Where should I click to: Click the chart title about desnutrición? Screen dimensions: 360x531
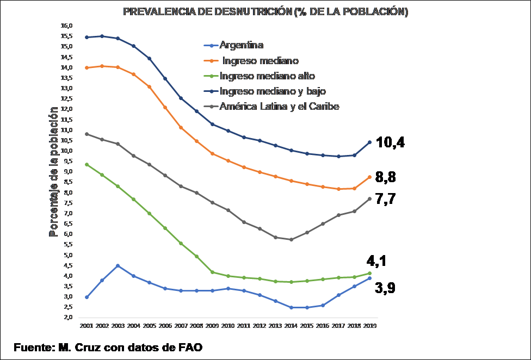pyautogui.click(x=265, y=12)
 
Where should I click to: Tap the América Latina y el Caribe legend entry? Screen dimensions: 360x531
pyautogui.click(x=279, y=107)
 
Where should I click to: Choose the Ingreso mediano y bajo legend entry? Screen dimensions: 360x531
pyautogui.click(x=273, y=91)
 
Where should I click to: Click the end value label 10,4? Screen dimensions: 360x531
pyautogui.click(x=391, y=143)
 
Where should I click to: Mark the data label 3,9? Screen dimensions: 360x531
pyautogui.click(x=385, y=288)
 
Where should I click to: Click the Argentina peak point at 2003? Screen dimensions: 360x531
pyautogui.click(x=118, y=266)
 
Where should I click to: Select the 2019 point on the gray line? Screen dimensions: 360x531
pyautogui.click(x=369, y=198)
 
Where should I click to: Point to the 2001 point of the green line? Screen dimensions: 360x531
pyautogui.click(x=87, y=164)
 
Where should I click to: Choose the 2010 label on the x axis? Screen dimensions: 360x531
pyautogui.click(x=228, y=326)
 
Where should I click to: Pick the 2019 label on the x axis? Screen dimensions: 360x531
pyautogui.click(x=369, y=326)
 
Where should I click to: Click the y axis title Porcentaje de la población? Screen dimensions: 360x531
pyautogui.click(x=53, y=172)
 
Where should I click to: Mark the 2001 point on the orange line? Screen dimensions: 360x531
pyautogui.click(x=87, y=67)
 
